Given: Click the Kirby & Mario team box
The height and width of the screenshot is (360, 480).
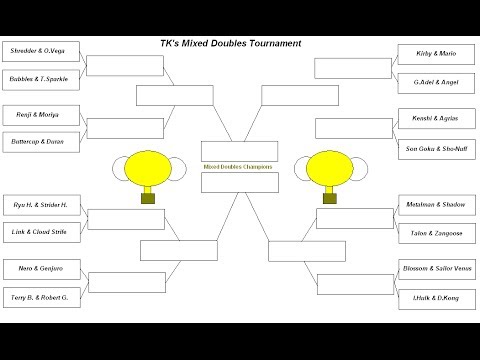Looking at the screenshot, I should (436, 51).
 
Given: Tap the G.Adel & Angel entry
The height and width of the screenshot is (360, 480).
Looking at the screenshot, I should (436, 78).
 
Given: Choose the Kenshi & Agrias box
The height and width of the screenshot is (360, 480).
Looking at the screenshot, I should (436, 117).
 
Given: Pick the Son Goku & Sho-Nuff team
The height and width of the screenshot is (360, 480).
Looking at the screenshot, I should (436, 148).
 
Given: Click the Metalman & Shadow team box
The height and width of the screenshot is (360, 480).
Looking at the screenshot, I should (436, 204).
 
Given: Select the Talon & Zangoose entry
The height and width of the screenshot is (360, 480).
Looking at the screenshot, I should (436, 231).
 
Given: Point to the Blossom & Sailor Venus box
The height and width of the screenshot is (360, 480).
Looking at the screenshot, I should (436, 270).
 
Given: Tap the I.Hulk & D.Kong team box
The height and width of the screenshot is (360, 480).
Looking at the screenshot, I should (436, 297).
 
